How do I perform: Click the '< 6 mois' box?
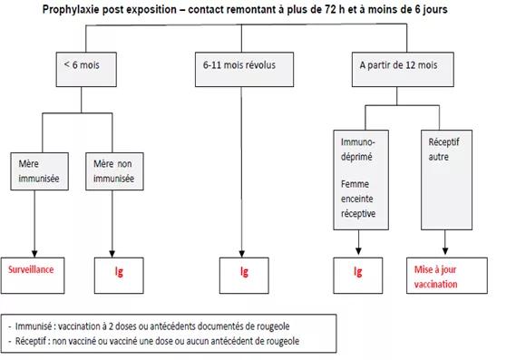coord(86,69)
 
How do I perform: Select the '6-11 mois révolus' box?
coord(244,69)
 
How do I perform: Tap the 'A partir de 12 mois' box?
coord(403,69)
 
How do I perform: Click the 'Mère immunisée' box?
coord(39,171)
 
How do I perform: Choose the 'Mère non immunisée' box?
coord(114,171)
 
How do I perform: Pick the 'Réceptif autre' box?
coord(447,180)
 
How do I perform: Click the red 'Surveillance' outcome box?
coord(33,276)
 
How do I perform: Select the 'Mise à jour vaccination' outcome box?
coord(447,276)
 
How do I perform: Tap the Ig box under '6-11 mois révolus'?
coord(244,276)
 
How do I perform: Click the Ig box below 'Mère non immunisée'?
coord(119,276)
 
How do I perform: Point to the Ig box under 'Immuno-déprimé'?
coord(358,276)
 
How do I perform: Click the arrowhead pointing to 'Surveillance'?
coord(34,254)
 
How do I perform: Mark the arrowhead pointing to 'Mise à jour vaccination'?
coord(445,251)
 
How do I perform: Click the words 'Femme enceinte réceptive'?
coord(358,199)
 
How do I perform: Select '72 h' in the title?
coord(332,9)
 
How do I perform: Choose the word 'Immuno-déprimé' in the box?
coord(358,150)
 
